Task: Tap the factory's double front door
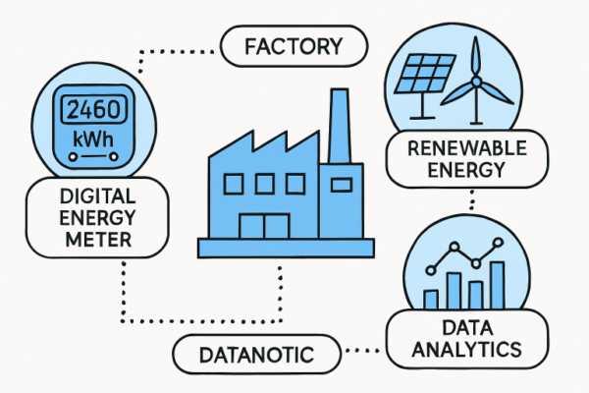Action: (265, 223)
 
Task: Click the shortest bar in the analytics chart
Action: (431, 299)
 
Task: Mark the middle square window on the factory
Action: (263, 183)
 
